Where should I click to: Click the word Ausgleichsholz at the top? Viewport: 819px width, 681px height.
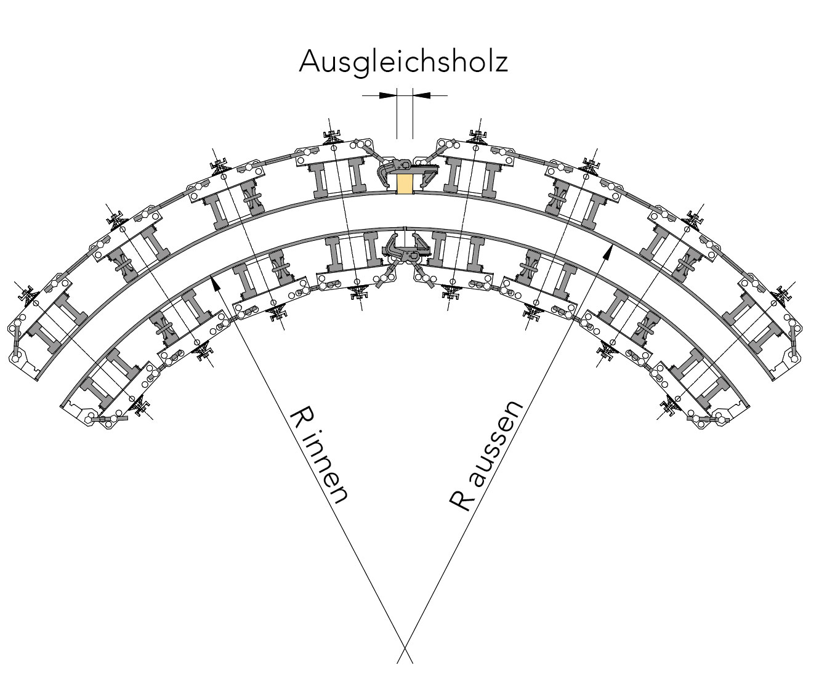(403, 62)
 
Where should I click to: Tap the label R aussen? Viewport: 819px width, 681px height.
(486, 456)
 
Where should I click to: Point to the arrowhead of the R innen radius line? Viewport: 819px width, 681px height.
(214, 282)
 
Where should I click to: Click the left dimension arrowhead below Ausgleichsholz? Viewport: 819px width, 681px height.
(387, 95)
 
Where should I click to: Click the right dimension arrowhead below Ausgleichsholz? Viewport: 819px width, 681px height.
(422, 95)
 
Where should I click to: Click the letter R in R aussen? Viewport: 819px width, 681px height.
(461, 501)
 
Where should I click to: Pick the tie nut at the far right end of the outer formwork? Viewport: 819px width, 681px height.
(783, 293)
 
